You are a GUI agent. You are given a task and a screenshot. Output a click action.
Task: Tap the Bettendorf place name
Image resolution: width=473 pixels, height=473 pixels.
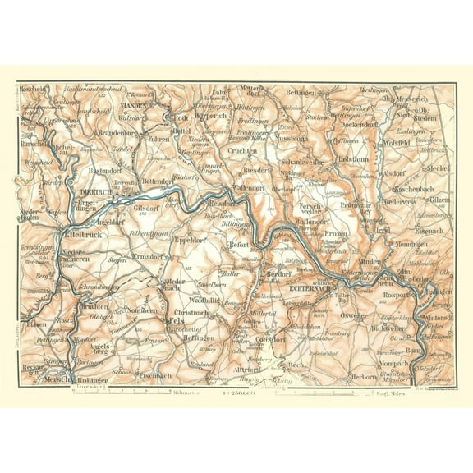(x=161, y=181)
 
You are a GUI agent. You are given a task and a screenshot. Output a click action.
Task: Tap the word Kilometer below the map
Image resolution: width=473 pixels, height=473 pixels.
(x=187, y=393)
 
